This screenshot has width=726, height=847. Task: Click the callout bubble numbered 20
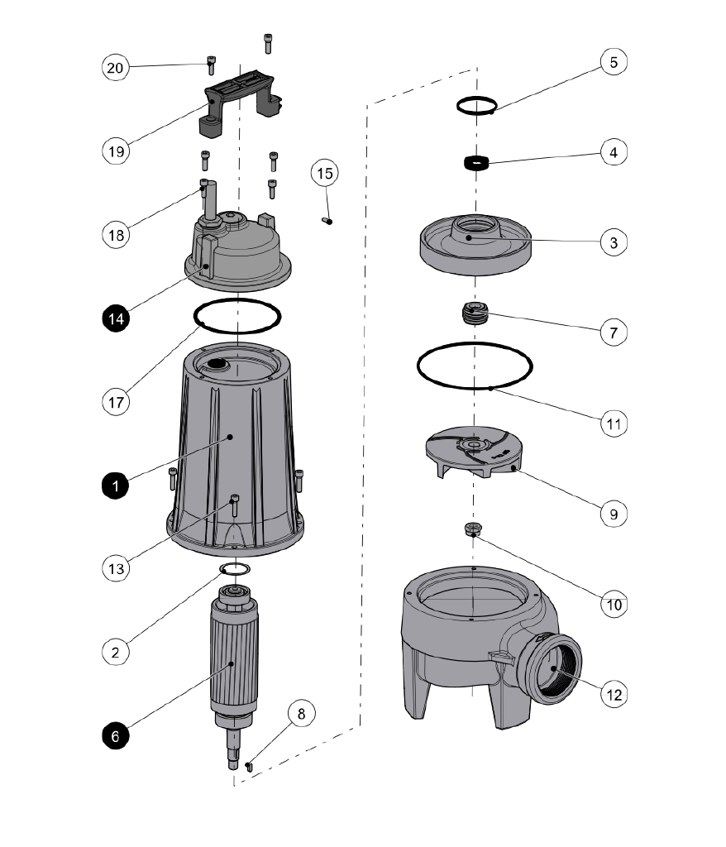tap(116, 67)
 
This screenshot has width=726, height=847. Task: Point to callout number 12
tap(613, 695)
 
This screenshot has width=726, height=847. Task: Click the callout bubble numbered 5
tap(613, 62)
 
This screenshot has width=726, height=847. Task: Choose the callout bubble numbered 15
tap(325, 174)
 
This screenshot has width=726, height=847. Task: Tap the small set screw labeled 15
tap(327, 220)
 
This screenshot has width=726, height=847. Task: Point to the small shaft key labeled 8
tap(248, 767)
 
